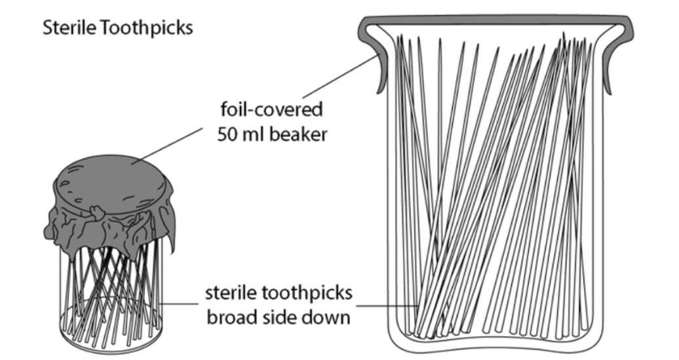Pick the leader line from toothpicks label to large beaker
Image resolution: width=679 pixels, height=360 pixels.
coord(387,304)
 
